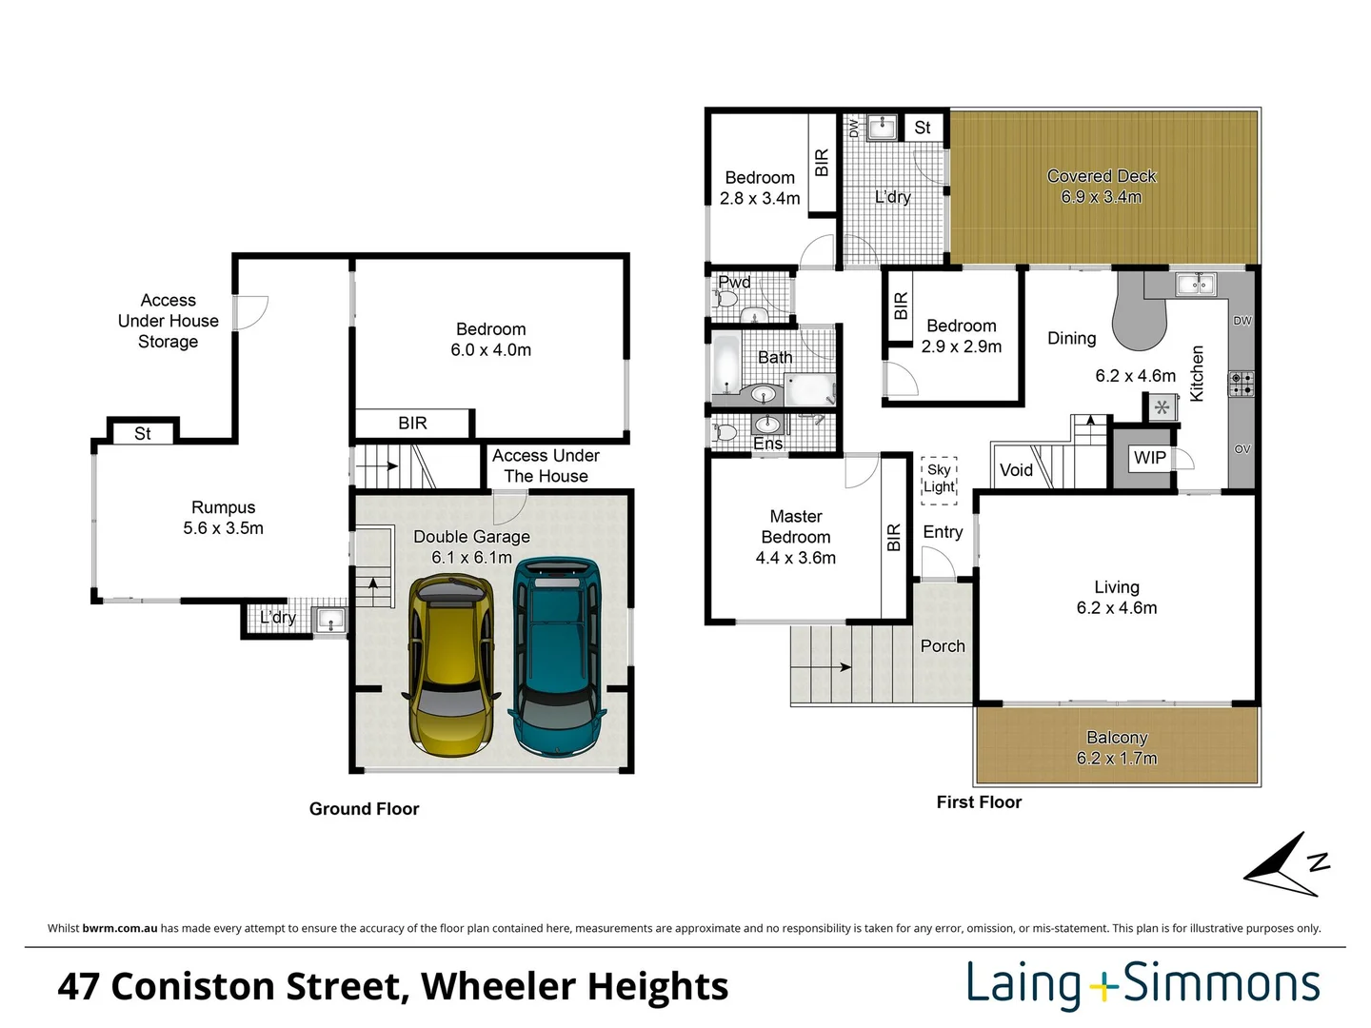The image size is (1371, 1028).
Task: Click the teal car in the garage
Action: tap(558, 657)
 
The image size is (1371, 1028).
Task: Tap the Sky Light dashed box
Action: tap(939, 479)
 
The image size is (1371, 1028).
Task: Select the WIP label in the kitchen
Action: tap(1149, 458)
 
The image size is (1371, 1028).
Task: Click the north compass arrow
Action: tap(1285, 865)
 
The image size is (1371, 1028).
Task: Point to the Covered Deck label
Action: tap(1102, 187)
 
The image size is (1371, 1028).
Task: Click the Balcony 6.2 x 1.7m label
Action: tap(1117, 748)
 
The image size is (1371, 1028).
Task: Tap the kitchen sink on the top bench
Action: tap(1195, 284)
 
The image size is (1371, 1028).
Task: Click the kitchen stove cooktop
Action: tap(1241, 384)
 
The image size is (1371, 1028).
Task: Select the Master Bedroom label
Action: tap(796, 537)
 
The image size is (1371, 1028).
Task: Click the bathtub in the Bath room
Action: tap(726, 366)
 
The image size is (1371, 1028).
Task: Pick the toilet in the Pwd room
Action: tap(726, 299)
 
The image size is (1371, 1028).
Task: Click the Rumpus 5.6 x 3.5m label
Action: tap(224, 518)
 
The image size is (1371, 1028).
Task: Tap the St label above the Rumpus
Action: tap(143, 434)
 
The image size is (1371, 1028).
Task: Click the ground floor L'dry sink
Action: tap(329, 622)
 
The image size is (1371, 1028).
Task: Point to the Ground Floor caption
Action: tap(364, 809)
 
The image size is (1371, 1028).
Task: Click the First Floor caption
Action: tap(979, 802)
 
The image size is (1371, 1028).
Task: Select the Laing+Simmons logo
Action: tap(1142, 984)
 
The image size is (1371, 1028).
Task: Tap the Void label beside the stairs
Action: tap(1016, 470)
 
